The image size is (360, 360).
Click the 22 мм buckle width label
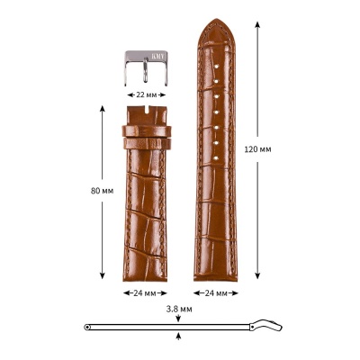pos(147,95)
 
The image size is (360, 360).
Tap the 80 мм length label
pos(103,191)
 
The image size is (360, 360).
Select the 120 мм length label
pos(257,149)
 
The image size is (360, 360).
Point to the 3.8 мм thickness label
pos(179,309)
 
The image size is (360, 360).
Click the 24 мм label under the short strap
pos(145,293)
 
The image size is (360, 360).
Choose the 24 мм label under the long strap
pos(216,293)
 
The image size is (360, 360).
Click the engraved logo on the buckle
pos(157,56)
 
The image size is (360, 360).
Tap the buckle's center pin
pos(145,70)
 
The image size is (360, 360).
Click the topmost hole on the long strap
pos(216,66)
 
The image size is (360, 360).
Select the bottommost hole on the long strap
pos(215,158)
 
